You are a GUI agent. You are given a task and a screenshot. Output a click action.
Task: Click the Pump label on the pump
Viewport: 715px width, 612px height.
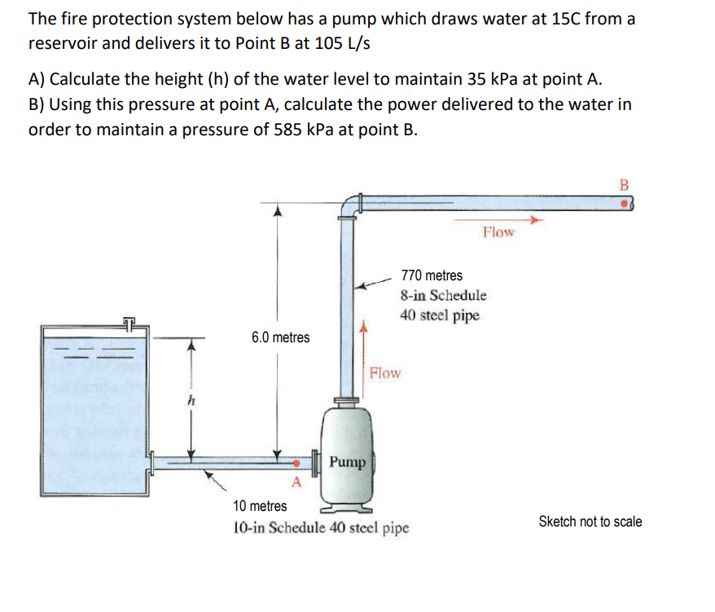click(x=348, y=462)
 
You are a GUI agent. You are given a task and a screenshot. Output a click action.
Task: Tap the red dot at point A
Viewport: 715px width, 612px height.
click(x=297, y=463)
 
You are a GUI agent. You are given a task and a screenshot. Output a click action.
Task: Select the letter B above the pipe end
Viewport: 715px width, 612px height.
click(x=625, y=184)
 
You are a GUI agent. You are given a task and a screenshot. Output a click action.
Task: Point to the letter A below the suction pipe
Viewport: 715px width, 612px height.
click(x=296, y=482)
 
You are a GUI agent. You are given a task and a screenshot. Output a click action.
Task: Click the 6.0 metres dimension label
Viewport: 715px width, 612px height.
click(x=280, y=337)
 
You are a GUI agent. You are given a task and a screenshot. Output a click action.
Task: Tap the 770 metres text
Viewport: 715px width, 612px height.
click(x=431, y=275)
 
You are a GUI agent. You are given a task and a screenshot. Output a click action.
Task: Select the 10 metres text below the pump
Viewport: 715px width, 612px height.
click(x=260, y=506)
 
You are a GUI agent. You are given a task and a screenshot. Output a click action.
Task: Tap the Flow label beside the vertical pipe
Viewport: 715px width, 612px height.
click(x=384, y=373)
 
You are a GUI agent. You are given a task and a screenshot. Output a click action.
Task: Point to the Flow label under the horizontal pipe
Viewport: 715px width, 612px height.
click(x=498, y=231)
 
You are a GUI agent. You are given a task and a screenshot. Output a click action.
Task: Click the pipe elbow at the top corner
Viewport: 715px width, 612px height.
click(x=352, y=204)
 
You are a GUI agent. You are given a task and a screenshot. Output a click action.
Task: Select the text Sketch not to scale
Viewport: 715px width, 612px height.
click(x=590, y=522)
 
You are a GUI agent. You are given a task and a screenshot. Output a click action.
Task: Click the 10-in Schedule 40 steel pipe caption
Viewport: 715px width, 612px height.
click(x=321, y=527)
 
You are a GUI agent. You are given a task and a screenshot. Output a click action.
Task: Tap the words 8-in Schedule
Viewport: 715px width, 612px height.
click(x=443, y=295)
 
